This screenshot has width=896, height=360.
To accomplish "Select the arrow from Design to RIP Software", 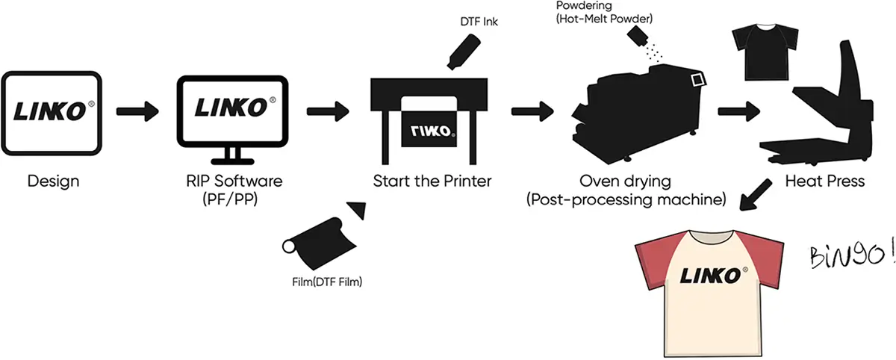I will (137, 112).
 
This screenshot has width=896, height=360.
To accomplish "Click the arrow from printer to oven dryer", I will (532, 112).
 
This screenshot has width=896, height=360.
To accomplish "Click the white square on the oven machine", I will (698, 80).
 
